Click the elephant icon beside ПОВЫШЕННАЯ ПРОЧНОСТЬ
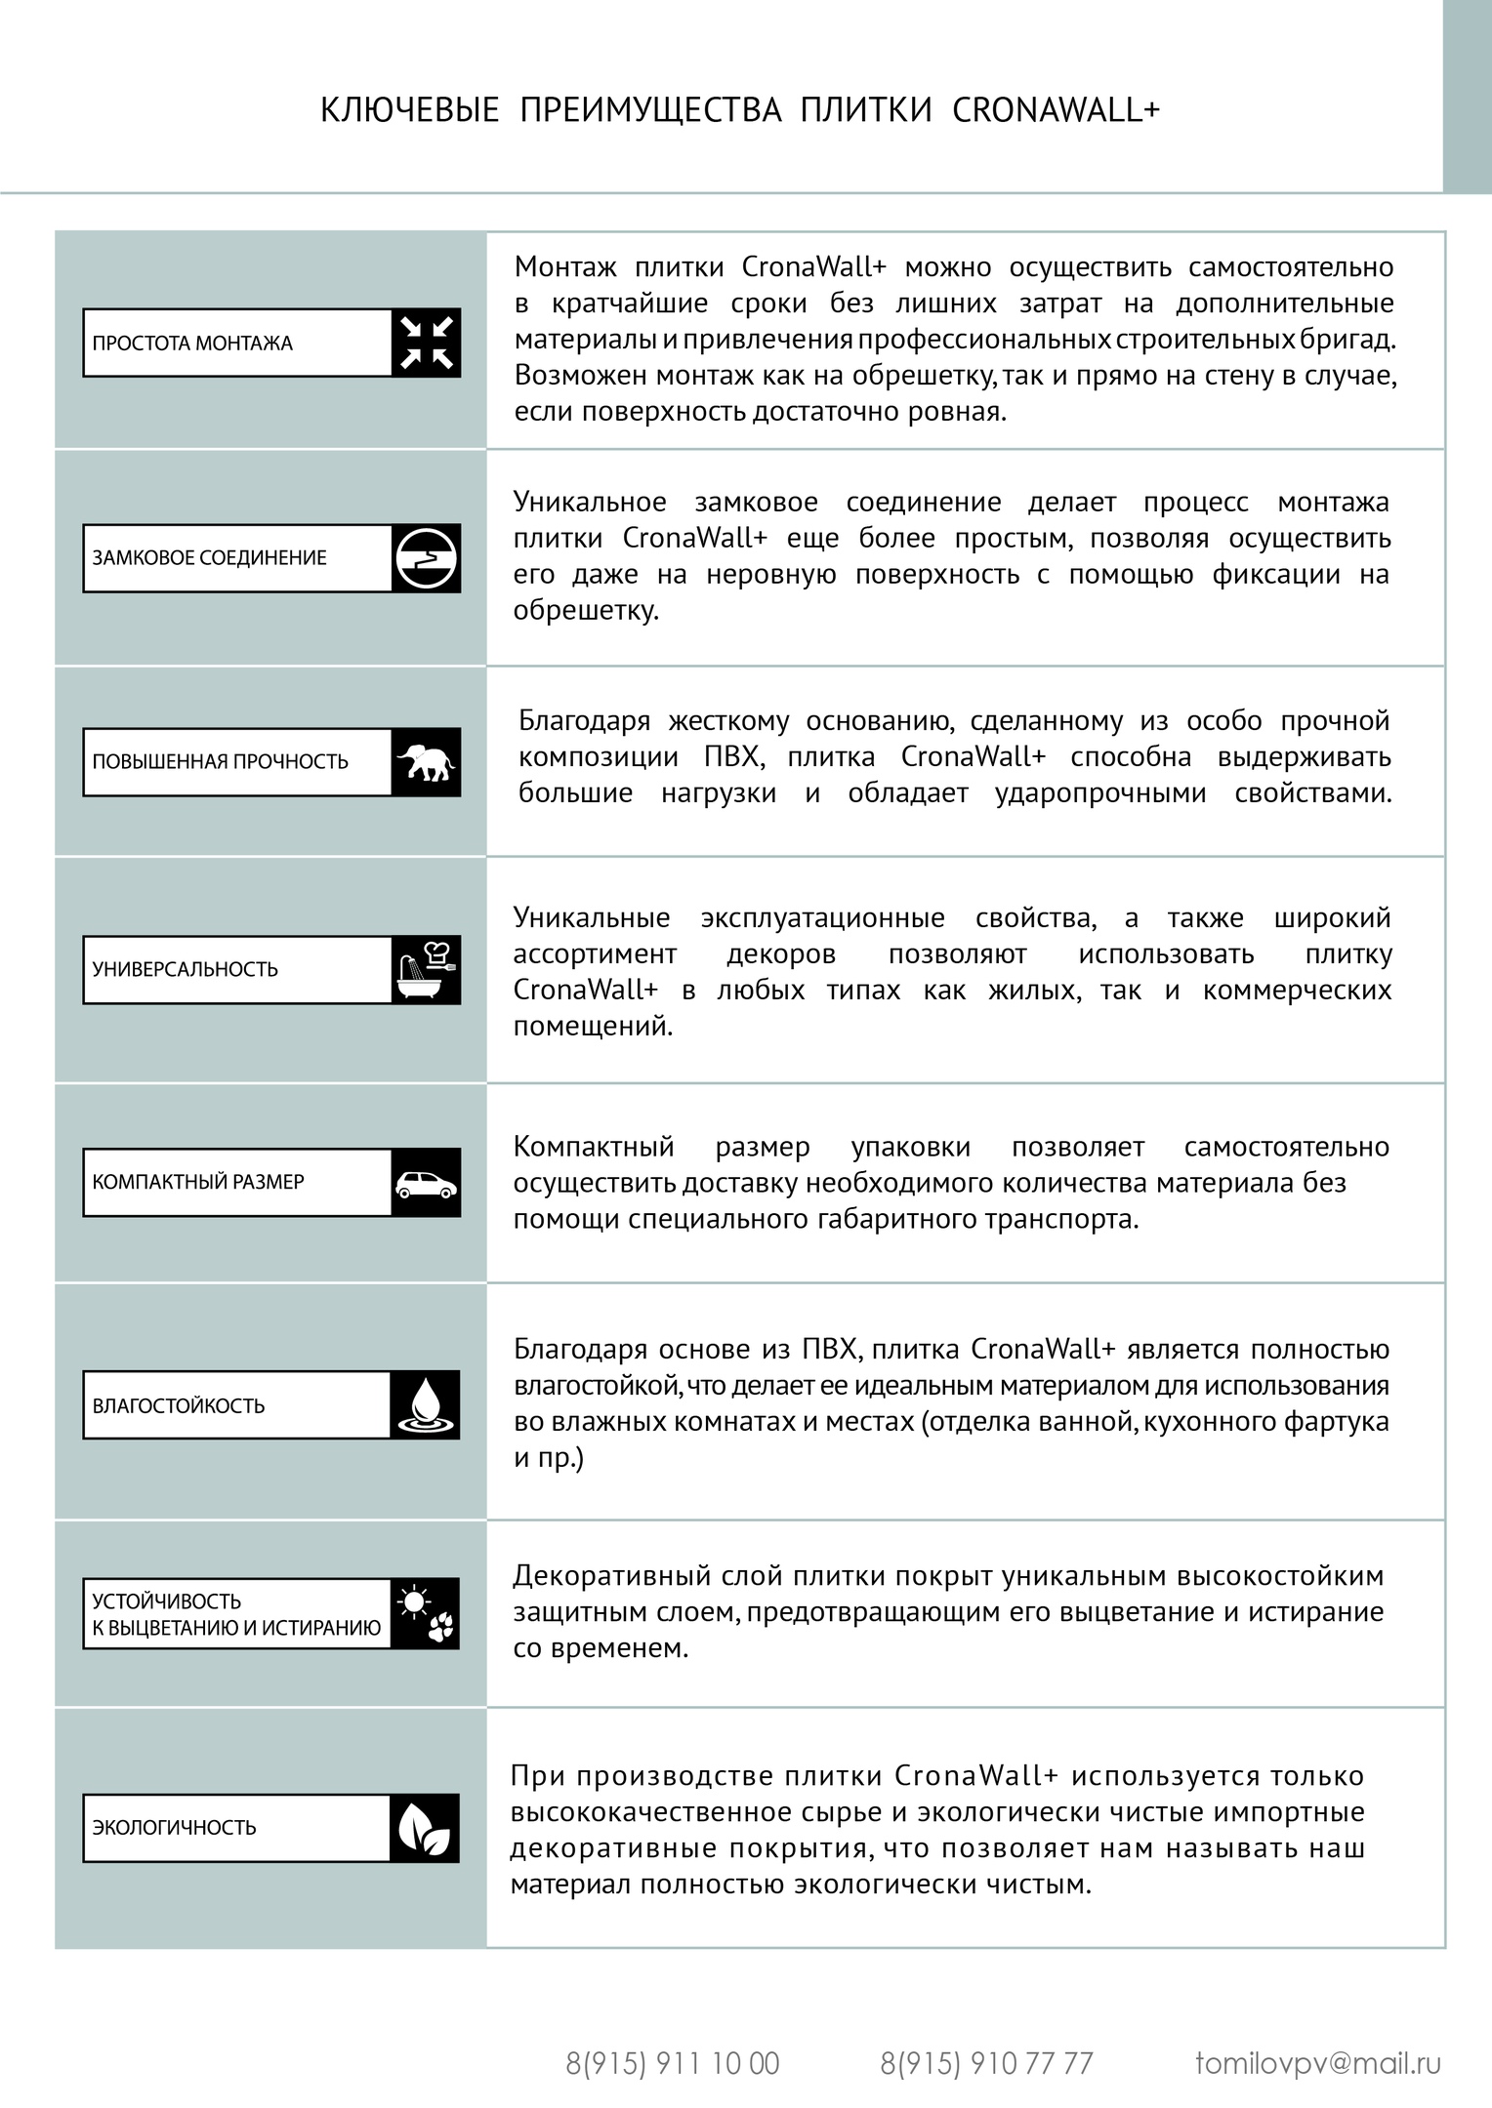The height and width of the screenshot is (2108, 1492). (426, 762)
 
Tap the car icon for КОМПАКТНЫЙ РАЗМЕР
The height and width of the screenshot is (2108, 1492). (426, 1183)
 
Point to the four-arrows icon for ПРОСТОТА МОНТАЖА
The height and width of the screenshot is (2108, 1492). (426, 344)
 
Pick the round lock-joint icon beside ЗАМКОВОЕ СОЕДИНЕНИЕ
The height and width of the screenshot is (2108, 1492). (426, 558)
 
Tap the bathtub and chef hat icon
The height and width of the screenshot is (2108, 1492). (426, 970)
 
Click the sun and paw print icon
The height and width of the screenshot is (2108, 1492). (426, 1614)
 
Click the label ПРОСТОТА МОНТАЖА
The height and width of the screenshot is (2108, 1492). (192, 344)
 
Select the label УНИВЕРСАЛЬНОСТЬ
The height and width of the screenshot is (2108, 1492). (186, 970)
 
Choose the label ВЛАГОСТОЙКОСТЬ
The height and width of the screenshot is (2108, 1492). (179, 1406)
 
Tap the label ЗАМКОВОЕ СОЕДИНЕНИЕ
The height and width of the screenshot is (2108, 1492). (209, 558)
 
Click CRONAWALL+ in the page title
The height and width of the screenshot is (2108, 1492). (1056, 110)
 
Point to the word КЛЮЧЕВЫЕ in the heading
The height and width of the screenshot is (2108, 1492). (410, 110)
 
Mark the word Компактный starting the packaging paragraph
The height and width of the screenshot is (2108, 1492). (594, 1147)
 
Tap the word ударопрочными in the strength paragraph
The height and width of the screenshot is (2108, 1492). (1100, 793)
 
